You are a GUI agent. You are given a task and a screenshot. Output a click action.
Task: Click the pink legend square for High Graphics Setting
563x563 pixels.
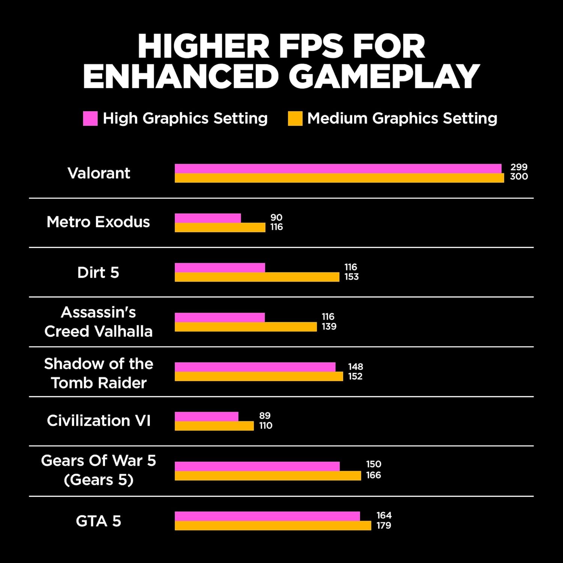(x=90, y=118)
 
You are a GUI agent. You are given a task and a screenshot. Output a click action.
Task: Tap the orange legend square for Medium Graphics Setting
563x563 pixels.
(x=295, y=118)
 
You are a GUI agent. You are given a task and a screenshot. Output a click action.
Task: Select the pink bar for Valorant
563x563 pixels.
(x=338, y=169)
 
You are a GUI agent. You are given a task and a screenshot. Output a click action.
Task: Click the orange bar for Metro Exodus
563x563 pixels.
(x=220, y=227)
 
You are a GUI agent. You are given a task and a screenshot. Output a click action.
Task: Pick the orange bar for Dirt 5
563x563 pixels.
(x=257, y=277)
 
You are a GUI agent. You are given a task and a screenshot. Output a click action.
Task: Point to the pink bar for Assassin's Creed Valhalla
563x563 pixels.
(x=220, y=317)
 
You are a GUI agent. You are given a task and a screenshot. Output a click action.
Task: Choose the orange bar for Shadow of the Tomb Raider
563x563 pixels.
(x=259, y=376)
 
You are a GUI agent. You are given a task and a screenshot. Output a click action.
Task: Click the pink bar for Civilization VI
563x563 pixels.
(x=206, y=416)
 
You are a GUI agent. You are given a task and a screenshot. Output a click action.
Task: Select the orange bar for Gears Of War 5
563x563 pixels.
(x=268, y=476)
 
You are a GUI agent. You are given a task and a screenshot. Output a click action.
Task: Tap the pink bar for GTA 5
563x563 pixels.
(x=267, y=516)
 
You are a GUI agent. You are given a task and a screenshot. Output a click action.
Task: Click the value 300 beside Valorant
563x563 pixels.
(x=519, y=176)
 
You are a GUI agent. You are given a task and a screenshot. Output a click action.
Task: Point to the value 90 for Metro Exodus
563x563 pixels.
(x=276, y=217)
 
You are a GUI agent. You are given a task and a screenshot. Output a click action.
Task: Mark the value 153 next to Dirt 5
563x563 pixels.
(x=351, y=277)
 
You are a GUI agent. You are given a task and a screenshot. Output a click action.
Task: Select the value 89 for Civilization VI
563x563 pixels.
(x=265, y=415)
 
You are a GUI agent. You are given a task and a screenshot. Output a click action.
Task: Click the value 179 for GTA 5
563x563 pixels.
(x=384, y=525)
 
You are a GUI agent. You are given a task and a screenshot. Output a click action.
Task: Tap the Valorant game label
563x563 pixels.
(x=99, y=173)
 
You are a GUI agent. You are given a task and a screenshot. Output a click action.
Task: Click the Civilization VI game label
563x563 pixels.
(x=99, y=420)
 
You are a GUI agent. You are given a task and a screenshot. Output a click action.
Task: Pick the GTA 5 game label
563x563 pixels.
(x=98, y=521)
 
